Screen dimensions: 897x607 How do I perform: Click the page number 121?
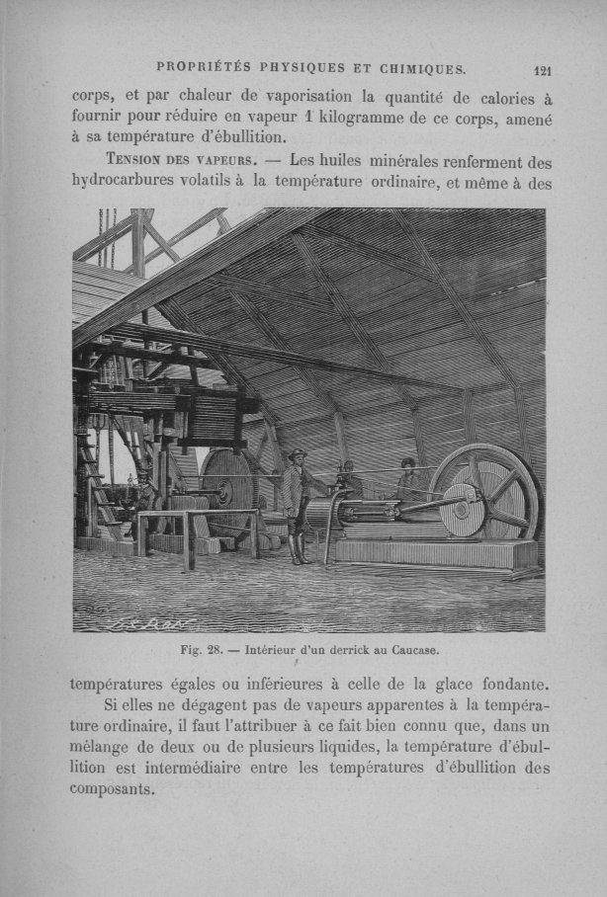pos(541,70)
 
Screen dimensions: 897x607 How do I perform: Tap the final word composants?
pos(113,790)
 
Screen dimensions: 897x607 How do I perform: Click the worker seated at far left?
pos(144,494)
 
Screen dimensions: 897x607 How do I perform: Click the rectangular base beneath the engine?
pos(435,553)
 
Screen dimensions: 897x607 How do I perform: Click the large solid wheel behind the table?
pos(229,489)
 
